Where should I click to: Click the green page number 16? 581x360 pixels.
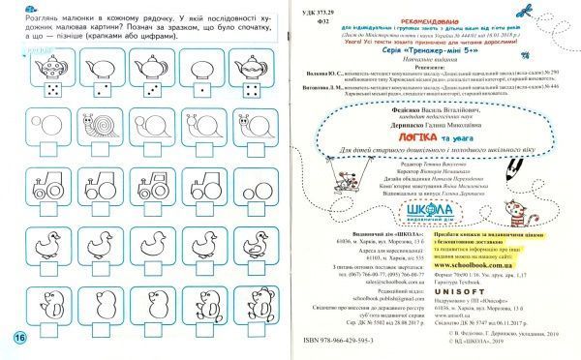coord(17,337)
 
